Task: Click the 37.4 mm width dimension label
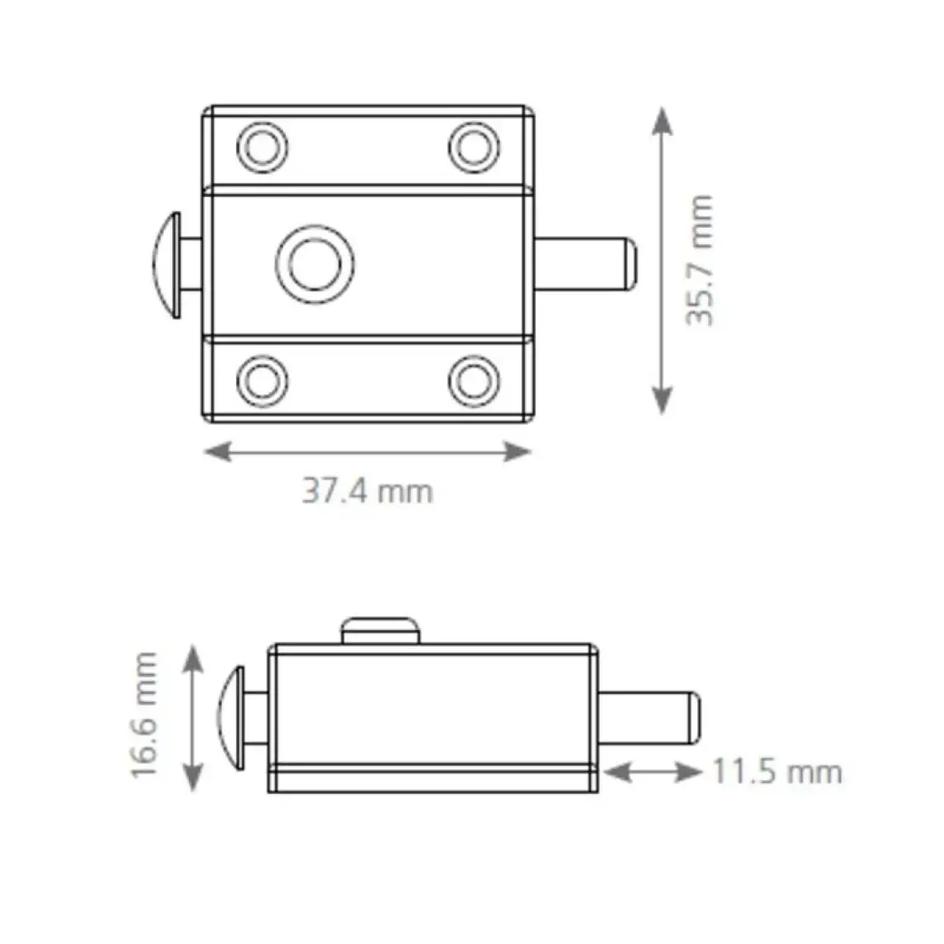point(367,491)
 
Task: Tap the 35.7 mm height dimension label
point(700,260)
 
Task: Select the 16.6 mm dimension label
point(144,715)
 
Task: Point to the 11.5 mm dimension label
point(778,772)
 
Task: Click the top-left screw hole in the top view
point(262,147)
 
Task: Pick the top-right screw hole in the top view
point(474,147)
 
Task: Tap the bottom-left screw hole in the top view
point(262,381)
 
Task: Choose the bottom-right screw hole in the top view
point(474,381)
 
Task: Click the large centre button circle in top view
point(315,264)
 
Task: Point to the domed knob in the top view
point(166,265)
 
